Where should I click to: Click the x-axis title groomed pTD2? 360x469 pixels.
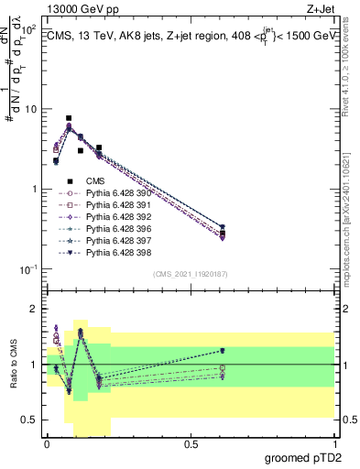(304, 458)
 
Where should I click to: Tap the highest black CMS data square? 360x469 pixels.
(69, 118)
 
